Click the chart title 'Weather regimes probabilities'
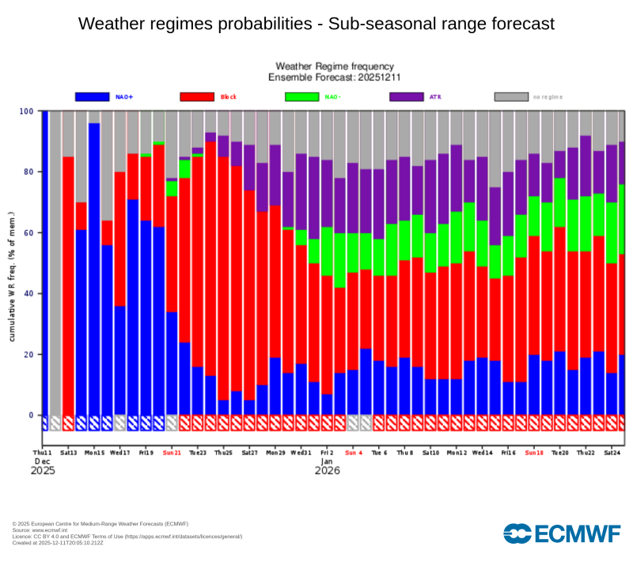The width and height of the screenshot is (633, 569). (316, 24)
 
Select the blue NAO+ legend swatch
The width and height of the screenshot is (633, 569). (92, 96)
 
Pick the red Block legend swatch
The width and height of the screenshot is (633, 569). (197, 96)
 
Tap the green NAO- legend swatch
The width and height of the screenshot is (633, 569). (301, 96)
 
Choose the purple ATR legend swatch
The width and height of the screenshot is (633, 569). (407, 96)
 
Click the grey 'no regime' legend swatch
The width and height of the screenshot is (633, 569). (511, 96)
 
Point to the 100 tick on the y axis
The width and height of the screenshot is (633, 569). (26, 111)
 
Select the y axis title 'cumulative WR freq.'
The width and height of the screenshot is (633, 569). (13, 277)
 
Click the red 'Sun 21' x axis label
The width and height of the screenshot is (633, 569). (172, 454)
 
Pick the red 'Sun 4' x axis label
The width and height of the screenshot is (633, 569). (353, 454)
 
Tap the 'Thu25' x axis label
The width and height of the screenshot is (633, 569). (223, 454)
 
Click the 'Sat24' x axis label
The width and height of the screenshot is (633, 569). (611, 454)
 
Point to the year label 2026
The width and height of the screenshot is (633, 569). (327, 471)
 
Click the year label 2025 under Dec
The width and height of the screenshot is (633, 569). (44, 471)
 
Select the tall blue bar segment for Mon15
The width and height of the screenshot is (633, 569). (94, 269)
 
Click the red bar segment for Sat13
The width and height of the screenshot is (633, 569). (68, 284)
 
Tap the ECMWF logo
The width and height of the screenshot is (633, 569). (562, 533)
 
